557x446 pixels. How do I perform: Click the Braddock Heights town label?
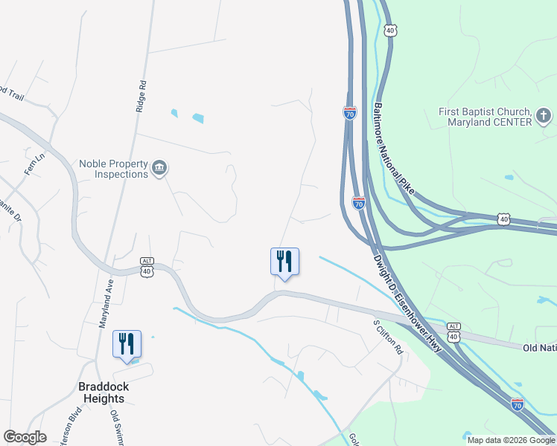coord(102,392)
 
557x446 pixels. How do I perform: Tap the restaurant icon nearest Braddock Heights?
coord(127,345)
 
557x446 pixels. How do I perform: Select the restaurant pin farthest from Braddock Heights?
coord(284,262)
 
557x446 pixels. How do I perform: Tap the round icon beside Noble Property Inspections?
coord(159,169)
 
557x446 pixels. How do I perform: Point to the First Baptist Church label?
coord(484,117)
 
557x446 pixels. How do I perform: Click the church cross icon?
coord(544,117)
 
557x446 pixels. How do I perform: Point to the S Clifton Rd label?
coord(387,337)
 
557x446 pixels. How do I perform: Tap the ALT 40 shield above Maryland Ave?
coord(146,267)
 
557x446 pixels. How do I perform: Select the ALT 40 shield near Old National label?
coord(454,332)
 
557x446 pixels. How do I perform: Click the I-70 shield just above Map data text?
coord(518,404)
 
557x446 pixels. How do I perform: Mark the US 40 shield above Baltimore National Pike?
coord(390,29)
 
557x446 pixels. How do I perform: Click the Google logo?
coord(25,437)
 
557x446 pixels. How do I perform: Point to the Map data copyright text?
coord(511,440)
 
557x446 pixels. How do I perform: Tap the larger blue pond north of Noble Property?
coord(198,117)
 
